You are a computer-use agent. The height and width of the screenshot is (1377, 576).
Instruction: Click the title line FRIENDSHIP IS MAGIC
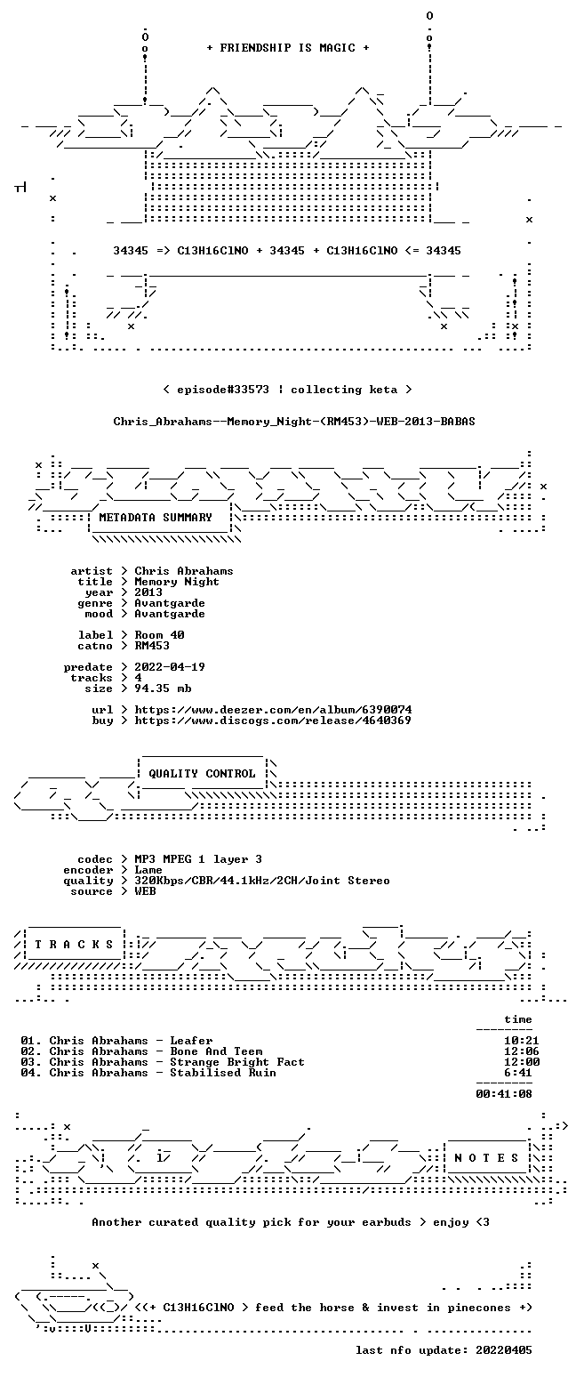pos(287,48)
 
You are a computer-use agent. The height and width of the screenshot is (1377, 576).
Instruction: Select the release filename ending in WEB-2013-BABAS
pos(294,422)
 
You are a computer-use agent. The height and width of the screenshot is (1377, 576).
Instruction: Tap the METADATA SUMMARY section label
pos(156,518)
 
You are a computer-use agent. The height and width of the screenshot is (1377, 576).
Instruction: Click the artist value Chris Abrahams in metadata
pos(184,571)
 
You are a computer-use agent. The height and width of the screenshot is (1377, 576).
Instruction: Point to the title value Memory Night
pos(177,582)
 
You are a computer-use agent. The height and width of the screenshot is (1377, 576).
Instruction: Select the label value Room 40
pos(160,635)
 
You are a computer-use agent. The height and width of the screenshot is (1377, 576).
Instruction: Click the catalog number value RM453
pos(152,646)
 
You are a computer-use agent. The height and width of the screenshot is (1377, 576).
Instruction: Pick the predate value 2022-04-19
pos(170,667)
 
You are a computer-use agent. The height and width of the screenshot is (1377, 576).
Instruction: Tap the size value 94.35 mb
pos(163,688)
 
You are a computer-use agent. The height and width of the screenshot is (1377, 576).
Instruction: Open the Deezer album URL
pos(273,709)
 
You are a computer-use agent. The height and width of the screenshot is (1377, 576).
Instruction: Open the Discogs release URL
pos(273,721)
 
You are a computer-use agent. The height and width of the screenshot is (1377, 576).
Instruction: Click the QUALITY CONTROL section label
pos(202,774)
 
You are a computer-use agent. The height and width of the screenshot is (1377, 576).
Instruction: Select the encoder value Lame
pos(148,870)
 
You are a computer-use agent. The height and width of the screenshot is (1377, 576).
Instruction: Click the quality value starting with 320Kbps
pos(262,881)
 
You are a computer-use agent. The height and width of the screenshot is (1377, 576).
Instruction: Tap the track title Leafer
pos(191,1041)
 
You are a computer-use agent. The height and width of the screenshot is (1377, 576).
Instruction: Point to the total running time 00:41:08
pos(504,1094)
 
